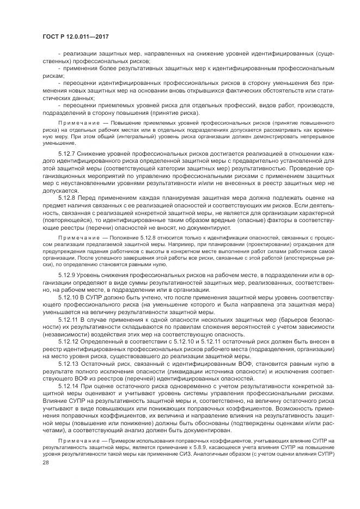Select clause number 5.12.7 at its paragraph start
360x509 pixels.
pyautogui.click(x=68, y=154)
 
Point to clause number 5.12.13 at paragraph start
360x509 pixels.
pyautogui.click(x=69, y=363)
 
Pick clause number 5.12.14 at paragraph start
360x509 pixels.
pyautogui.click(x=69, y=386)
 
